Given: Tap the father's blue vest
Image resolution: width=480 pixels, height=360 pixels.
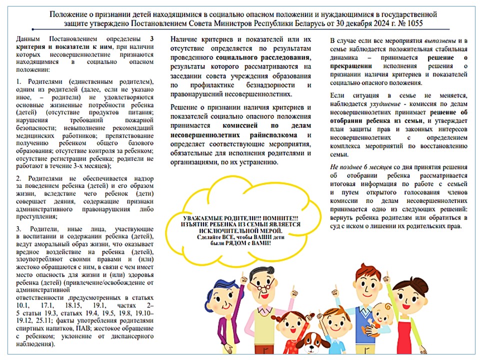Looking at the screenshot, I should point(363,325).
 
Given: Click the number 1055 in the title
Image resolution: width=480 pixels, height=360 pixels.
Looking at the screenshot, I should point(419,23).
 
